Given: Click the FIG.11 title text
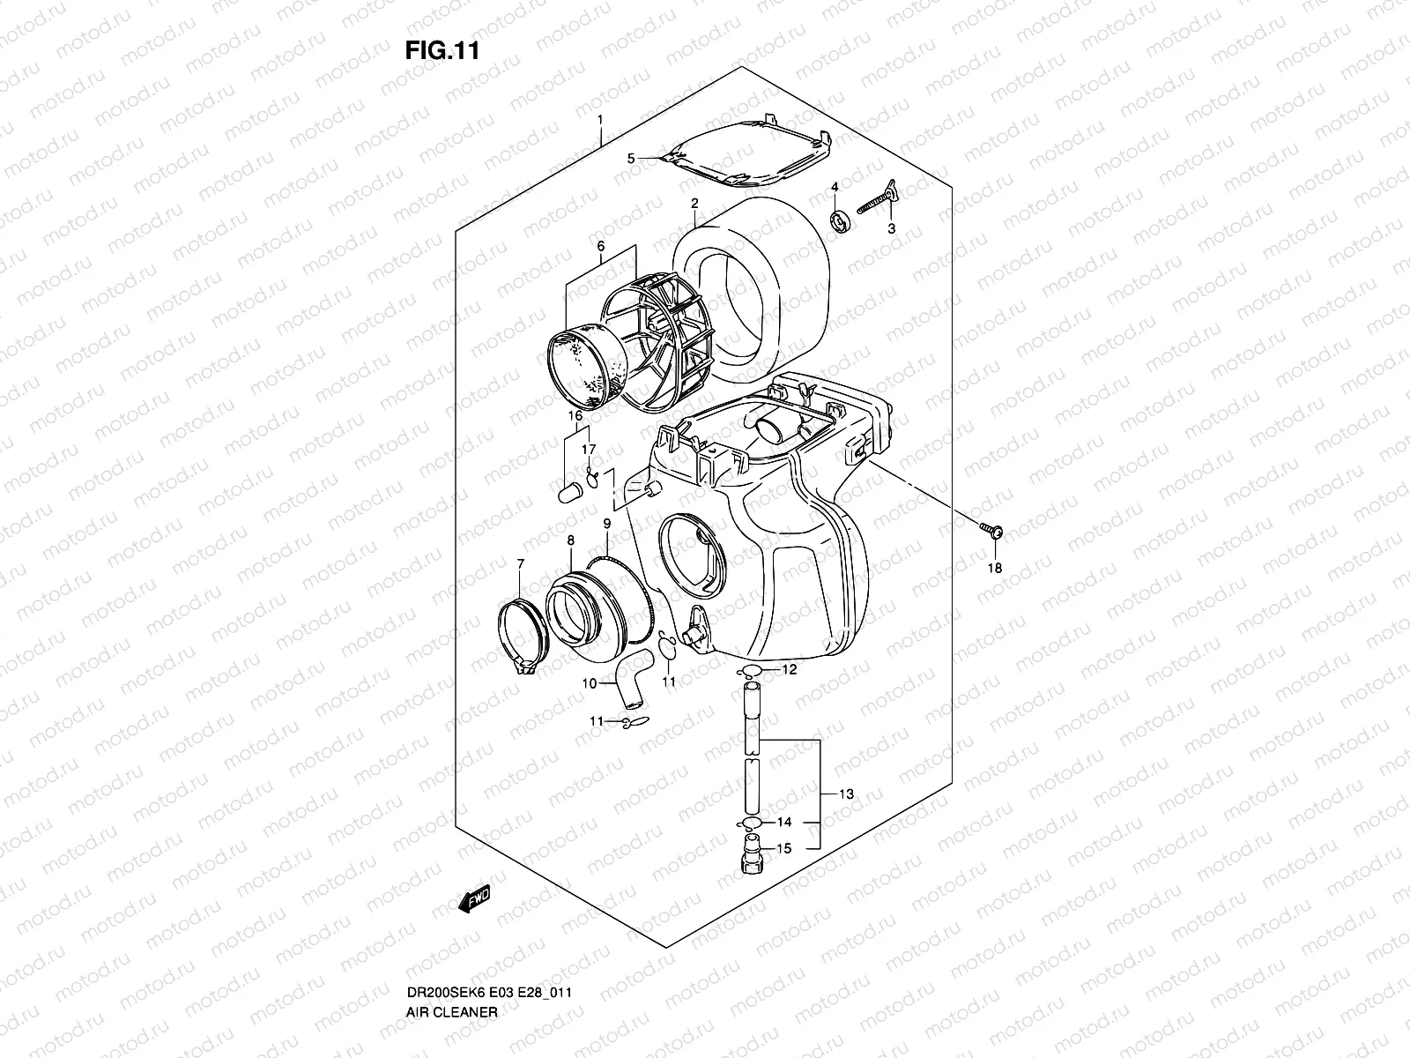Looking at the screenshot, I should point(442,50).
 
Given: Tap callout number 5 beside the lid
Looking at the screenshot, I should point(631,159).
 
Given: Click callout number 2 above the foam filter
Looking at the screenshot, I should point(694,204).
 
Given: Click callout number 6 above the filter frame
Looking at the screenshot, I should point(601,246).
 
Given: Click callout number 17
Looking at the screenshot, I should point(590,451).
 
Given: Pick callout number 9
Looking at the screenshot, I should point(606,524).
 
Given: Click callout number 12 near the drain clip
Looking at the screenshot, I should point(789,670).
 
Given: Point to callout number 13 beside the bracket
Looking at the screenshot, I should point(846,794).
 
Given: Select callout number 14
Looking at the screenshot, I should point(783,822).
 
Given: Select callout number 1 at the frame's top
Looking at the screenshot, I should point(599,119).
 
